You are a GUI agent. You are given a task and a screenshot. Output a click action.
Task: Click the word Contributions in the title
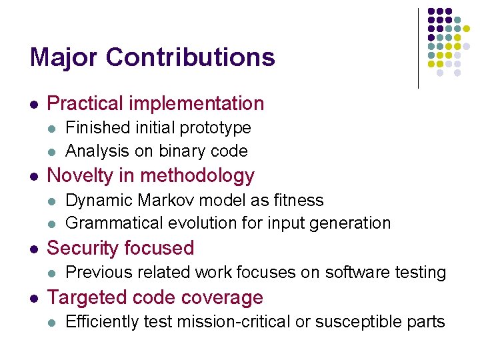(x=192, y=57)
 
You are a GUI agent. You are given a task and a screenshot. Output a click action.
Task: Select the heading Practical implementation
(x=156, y=103)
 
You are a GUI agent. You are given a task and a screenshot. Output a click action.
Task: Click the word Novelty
(x=82, y=176)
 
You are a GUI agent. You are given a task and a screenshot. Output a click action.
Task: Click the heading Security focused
(x=121, y=248)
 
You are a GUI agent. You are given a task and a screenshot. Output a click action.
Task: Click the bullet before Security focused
(x=33, y=249)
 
